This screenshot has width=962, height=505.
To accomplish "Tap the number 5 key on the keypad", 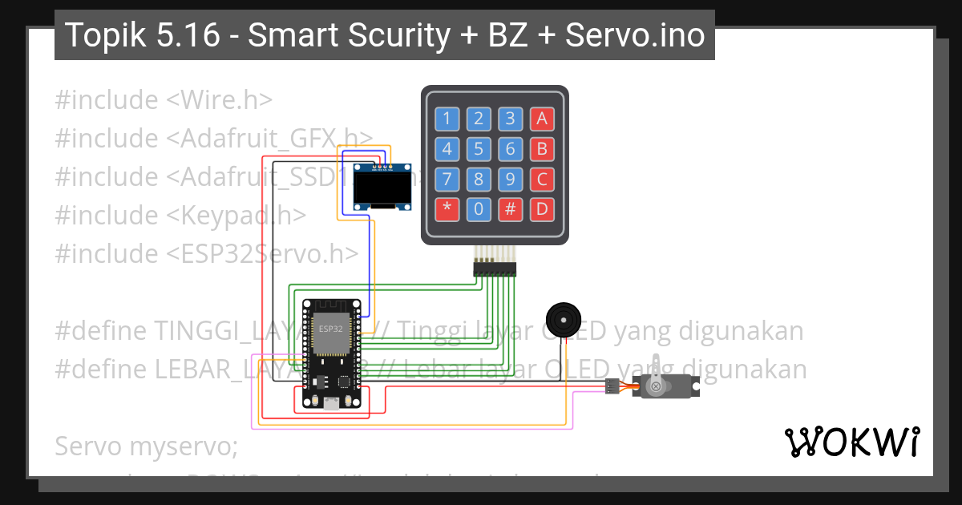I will pyautogui.click(x=479, y=149).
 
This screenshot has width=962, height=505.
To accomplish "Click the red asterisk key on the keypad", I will pyautogui.click(x=447, y=209).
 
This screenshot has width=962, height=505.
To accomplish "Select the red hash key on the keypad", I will pyautogui.click(x=510, y=209).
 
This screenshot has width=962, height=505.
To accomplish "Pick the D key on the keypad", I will pyautogui.click(x=542, y=209).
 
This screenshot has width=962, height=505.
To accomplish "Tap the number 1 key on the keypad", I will pyautogui.click(x=447, y=119).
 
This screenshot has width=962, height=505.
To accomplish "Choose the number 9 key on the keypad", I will pyautogui.click(x=510, y=179).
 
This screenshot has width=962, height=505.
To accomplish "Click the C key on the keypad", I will pyautogui.click(x=542, y=179).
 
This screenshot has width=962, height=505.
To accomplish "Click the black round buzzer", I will pyautogui.click(x=562, y=317).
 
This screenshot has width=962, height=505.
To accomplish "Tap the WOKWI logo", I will pyautogui.click(x=851, y=442).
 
